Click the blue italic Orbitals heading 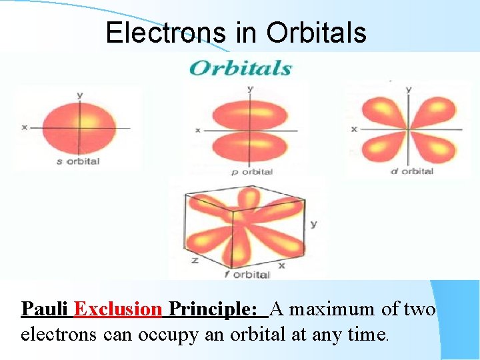point(241,68)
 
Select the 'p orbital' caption point(251,172)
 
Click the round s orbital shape point(80,127)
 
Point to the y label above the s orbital point(80,95)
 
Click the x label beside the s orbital point(24,127)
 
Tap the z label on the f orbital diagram point(195,260)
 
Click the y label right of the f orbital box point(313,224)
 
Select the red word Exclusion point(118,309)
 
